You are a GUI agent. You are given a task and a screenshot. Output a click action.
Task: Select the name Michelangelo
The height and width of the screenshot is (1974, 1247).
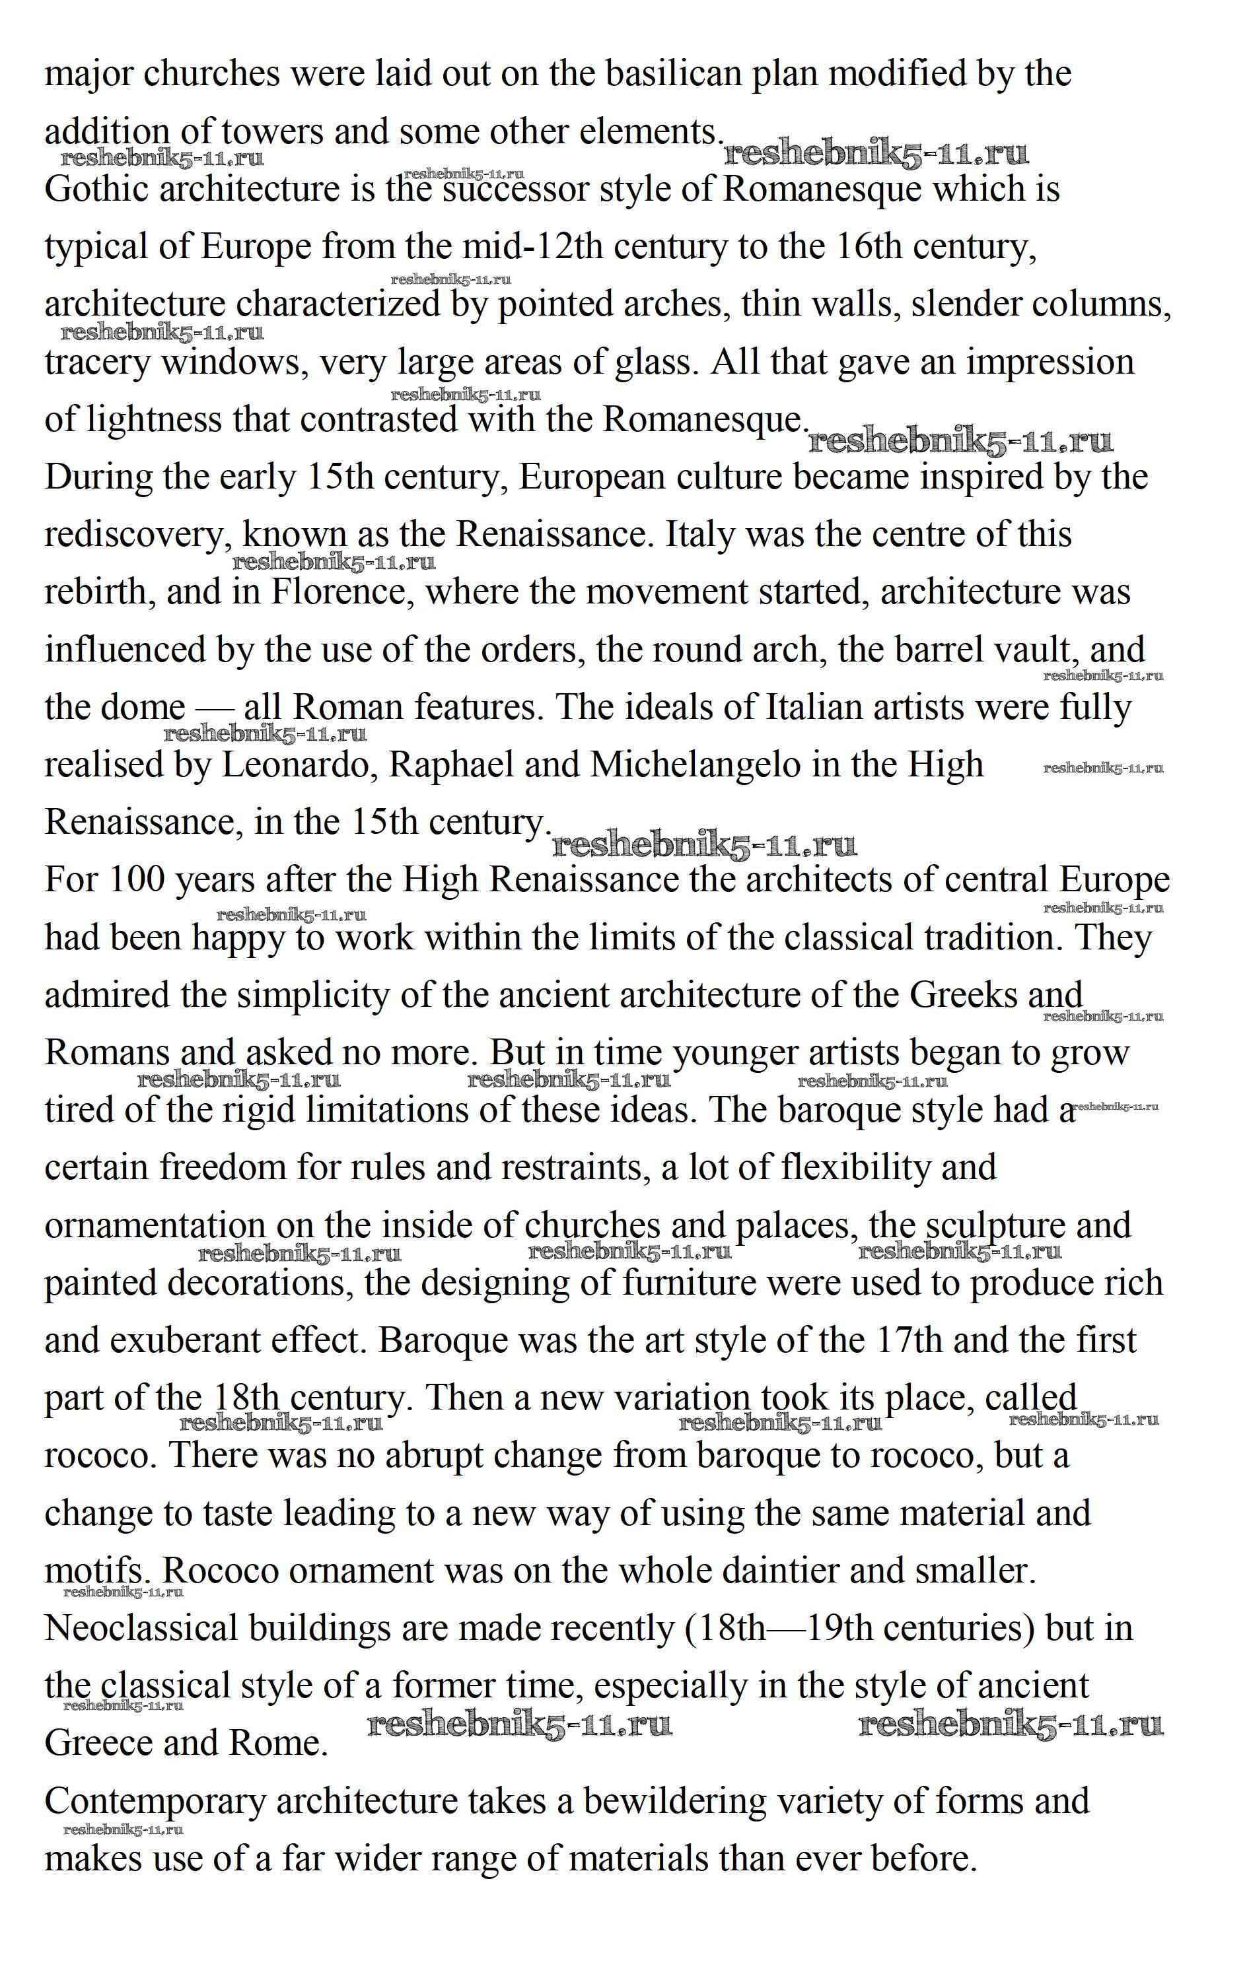point(695,765)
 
